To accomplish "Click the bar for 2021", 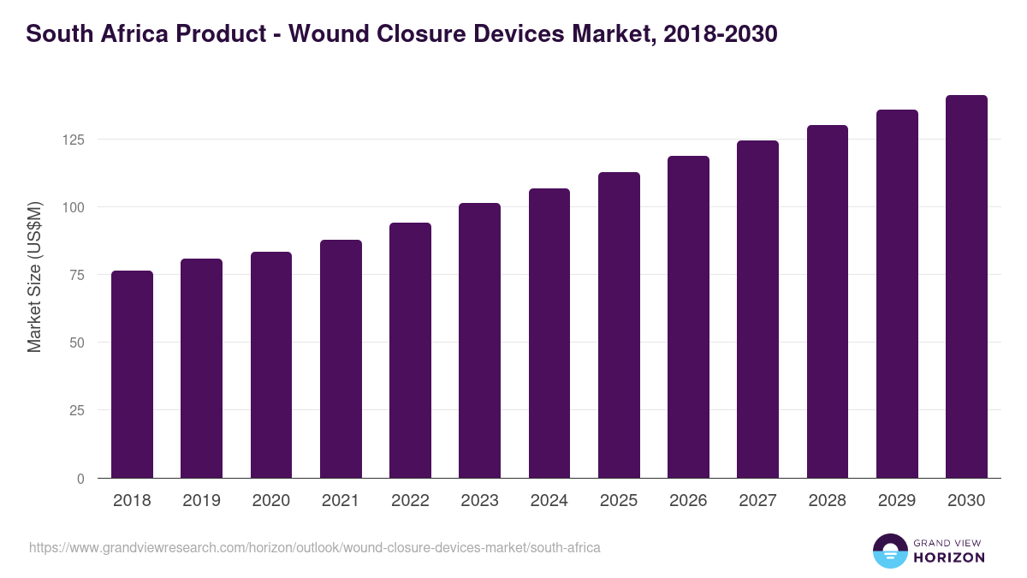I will coord(341,359).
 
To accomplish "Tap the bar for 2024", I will coord(549,333).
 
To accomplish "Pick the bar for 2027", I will coord(757,309).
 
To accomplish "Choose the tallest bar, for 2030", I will coord(966,287).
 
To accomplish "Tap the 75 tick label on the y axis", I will coord(77,275).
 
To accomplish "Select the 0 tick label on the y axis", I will coord(80,479).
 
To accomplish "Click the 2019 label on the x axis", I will coord(201,501).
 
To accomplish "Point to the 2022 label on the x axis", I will coord(410,501).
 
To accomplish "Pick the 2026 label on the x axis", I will coord(688,501).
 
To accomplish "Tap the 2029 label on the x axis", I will coord(897,501).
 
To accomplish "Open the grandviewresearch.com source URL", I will coord(315,547).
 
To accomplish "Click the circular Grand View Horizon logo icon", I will coord(890,551).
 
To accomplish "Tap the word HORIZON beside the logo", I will coord(950,557).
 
